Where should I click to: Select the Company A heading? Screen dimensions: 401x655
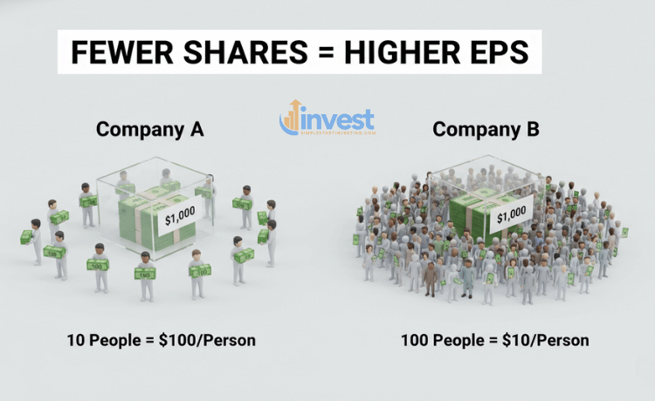149,130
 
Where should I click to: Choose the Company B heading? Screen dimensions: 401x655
486,130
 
